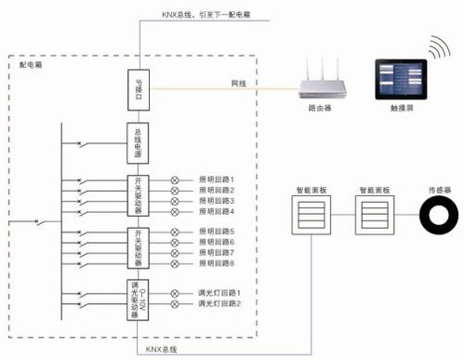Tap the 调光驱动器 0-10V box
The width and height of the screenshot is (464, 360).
139,299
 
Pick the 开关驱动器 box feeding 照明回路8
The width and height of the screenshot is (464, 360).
139,247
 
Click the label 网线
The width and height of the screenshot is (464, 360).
239,85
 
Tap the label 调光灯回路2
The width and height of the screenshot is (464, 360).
219,304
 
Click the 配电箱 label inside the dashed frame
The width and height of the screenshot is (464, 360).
31,67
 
